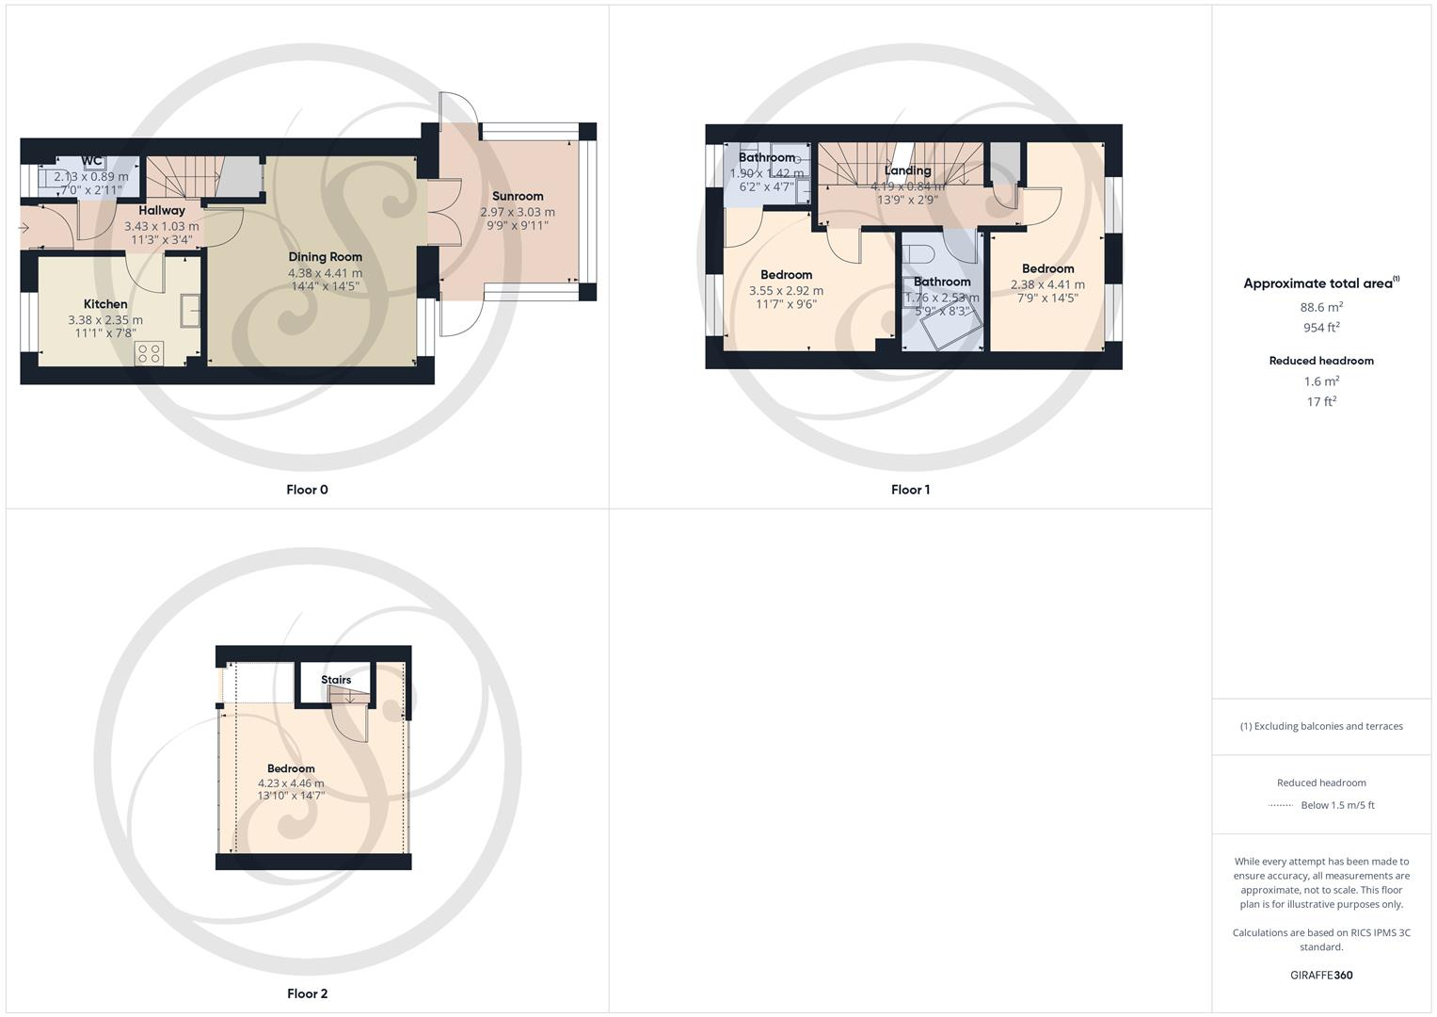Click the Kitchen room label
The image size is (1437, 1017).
105,304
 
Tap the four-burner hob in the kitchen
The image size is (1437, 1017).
149,353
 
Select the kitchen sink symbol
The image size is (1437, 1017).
191,310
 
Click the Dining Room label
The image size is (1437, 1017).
325,257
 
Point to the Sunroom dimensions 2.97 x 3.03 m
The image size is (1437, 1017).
518,212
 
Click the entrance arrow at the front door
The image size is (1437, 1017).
24,227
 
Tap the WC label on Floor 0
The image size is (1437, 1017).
91,161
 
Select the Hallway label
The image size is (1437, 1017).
162,211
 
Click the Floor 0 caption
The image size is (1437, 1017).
307,490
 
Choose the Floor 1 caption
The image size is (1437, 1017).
910,490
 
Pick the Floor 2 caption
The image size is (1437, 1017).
307,993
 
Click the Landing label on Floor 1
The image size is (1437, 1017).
907,170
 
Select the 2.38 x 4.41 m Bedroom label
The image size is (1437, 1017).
1047,269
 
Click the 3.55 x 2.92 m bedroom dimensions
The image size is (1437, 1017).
786,291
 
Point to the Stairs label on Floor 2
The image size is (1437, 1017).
336,680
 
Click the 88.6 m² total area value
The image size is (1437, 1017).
1321,307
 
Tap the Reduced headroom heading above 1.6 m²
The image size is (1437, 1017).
1321,361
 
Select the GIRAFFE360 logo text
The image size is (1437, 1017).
1321,976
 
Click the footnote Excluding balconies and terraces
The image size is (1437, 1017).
1321,726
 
